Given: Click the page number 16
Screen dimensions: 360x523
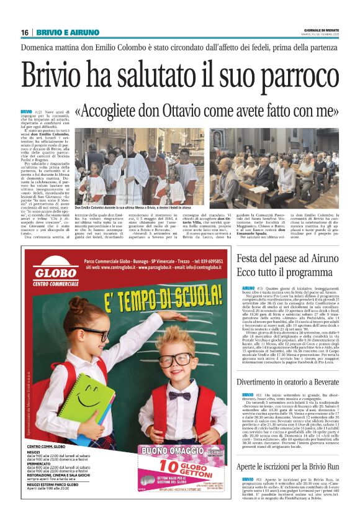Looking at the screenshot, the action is (24, 32).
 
